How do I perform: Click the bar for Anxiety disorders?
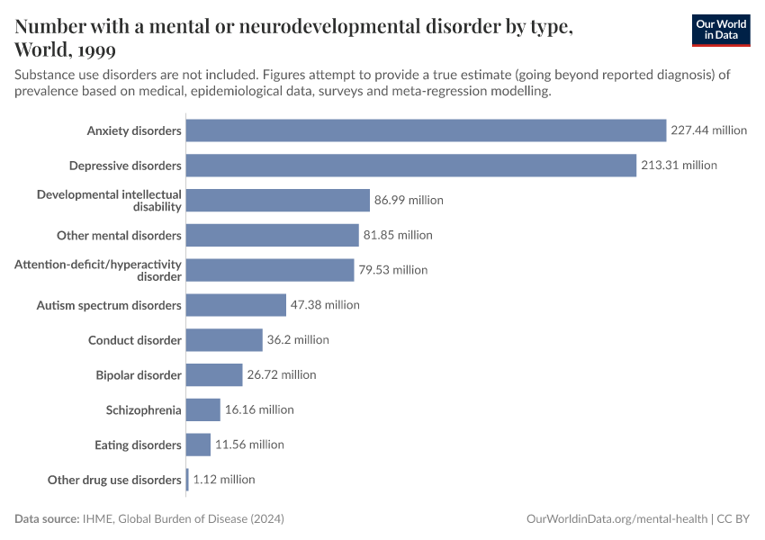click(426, 130)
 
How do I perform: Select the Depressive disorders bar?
click(410, 166)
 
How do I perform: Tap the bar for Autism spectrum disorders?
click(236, 305)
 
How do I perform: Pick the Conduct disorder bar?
click(224, 340)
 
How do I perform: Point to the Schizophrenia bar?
click(202, 409)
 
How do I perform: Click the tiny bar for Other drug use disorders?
click(187, 480)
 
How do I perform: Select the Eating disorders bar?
click(198, 445)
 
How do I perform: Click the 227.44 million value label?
click(708, 130)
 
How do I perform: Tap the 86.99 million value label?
click(409, 201)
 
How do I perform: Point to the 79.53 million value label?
click(392, 270)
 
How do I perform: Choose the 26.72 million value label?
click(282, 375)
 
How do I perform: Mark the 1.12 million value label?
click(224, 480)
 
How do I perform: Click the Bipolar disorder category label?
click(139, 375)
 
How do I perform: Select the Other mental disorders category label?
click(119, 236)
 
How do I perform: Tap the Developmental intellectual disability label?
click(109, 201)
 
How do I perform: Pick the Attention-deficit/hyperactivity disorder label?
click(98, 270)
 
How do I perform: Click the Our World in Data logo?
click(720, 30)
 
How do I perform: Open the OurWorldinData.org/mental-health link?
click(616, 519)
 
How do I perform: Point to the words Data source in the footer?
click(46, 519)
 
